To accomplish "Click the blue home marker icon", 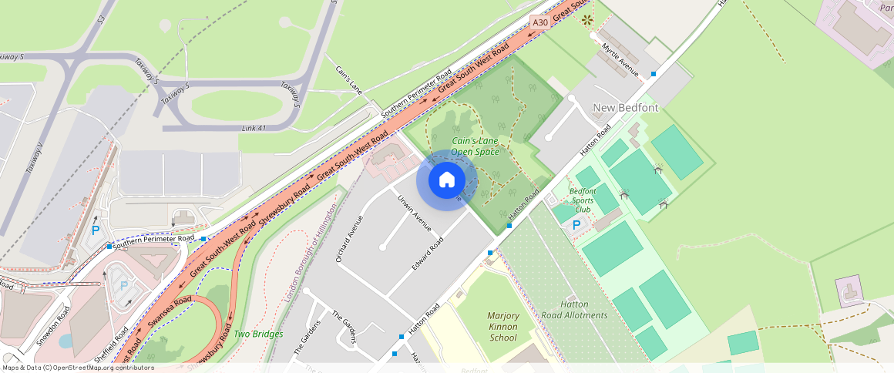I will [447, 180].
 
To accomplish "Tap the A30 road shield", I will [540, 23].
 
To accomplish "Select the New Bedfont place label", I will [625, 108].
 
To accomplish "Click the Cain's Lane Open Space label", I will [475, 146].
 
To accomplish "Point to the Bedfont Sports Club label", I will [583, 200].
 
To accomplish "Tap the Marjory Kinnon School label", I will [502, 327].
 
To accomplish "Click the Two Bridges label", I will [258, 334].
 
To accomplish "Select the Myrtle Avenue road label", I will [621, 59].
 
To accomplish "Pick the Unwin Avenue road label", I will [415, 213].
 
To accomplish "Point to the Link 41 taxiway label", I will [254, 128].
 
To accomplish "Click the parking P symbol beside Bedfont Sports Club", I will [576, 225].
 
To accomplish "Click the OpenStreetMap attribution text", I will [78, 368].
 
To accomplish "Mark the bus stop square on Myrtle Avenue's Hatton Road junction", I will [654, 74].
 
